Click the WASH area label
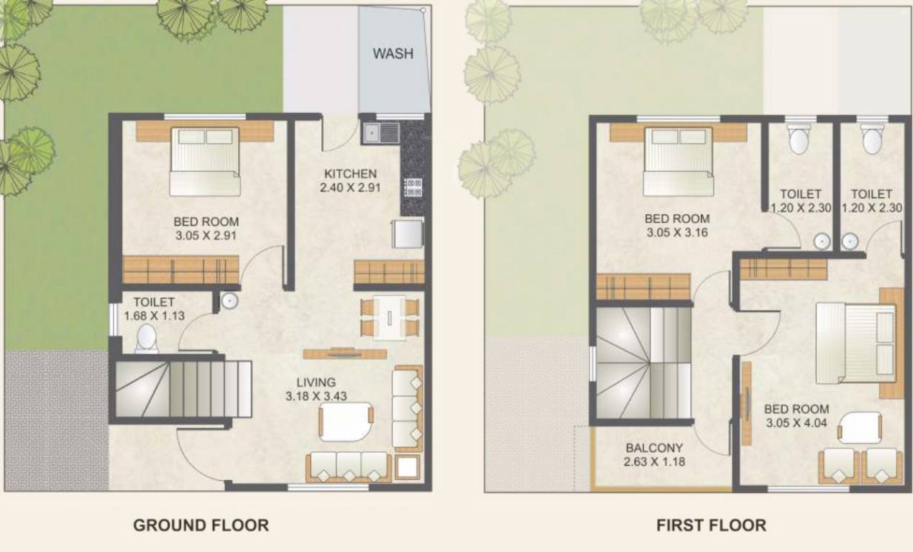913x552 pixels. pos(393,54)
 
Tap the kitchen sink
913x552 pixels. pos(381,132)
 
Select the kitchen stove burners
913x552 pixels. pos(413,188)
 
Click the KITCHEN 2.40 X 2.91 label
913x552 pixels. pos(350,180)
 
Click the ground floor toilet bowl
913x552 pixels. pos(146,338)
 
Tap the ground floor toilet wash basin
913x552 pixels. pos(229,300)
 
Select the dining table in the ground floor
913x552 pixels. pos(389,317)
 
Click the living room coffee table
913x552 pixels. pos(346,420)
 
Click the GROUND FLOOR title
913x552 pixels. pos(201,525)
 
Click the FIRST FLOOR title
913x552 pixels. pos(711,525)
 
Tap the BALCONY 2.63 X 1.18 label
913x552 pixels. pos(654,454)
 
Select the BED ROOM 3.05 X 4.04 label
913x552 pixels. pos(796,416)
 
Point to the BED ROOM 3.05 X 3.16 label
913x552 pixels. pos(676,225)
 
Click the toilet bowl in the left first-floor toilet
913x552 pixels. pos(799,140)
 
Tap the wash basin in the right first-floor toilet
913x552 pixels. pos(850,241)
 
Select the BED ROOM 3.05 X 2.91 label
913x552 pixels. pos(206,229)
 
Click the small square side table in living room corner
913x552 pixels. pos(407,467)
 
